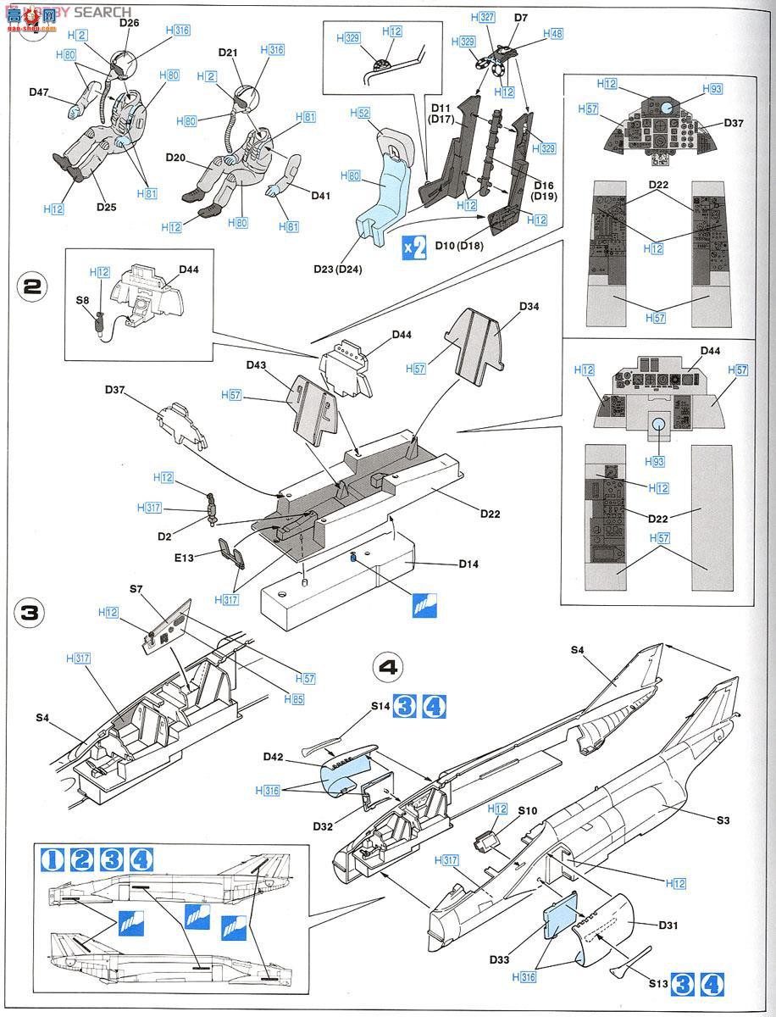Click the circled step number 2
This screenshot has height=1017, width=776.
pos(30,286)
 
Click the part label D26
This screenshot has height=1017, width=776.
pos(129,23)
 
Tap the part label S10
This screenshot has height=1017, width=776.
pos(527,812)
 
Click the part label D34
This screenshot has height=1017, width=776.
pos(529,306)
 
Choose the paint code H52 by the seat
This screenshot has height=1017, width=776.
pos(358,113)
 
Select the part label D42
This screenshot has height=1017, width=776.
pos(273,756)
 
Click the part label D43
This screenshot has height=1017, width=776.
pos(257,365)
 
